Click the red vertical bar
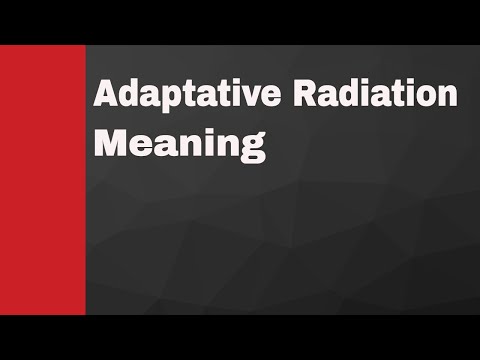click(42, 179)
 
